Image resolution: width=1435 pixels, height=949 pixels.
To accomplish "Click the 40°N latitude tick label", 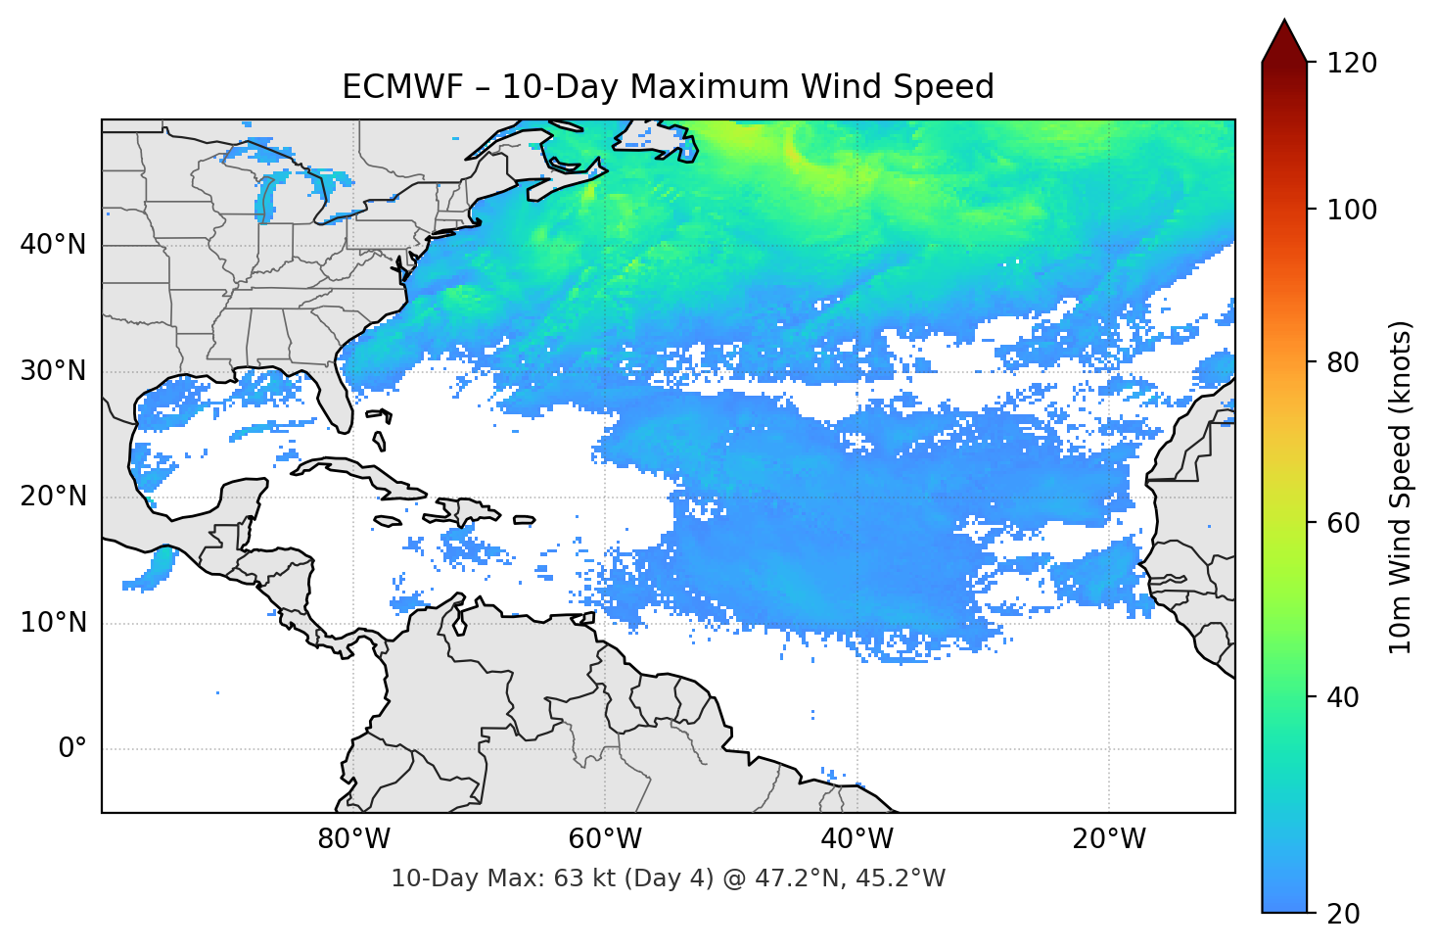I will click(x=53, y=245).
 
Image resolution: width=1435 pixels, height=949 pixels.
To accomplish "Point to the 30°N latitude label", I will click(x=53, y=371).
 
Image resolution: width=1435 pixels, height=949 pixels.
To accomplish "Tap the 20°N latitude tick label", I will click(x=53, y=497).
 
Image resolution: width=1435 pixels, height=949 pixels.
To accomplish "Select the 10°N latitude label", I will click(x=53, y=623).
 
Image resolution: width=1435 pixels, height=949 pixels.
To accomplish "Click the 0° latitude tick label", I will click(x=72, y=749).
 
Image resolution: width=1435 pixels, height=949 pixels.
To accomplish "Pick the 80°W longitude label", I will click(x=354, y=839).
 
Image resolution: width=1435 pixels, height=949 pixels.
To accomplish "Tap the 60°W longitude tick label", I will click(x=606, y=839).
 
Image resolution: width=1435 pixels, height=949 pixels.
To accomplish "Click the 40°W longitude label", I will click(x=857, y=839).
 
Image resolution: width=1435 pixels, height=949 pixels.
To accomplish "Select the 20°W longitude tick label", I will click(x=1109, y=839).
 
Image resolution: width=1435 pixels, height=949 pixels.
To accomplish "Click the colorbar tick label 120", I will click(x=1352, y=64).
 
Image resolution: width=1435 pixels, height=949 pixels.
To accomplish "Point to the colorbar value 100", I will click(x=1352, y=210).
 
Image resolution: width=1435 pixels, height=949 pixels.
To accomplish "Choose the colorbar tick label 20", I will click(x=1344, y=914).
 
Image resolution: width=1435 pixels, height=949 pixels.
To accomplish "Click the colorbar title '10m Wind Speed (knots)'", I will click(x=1401, y=487).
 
